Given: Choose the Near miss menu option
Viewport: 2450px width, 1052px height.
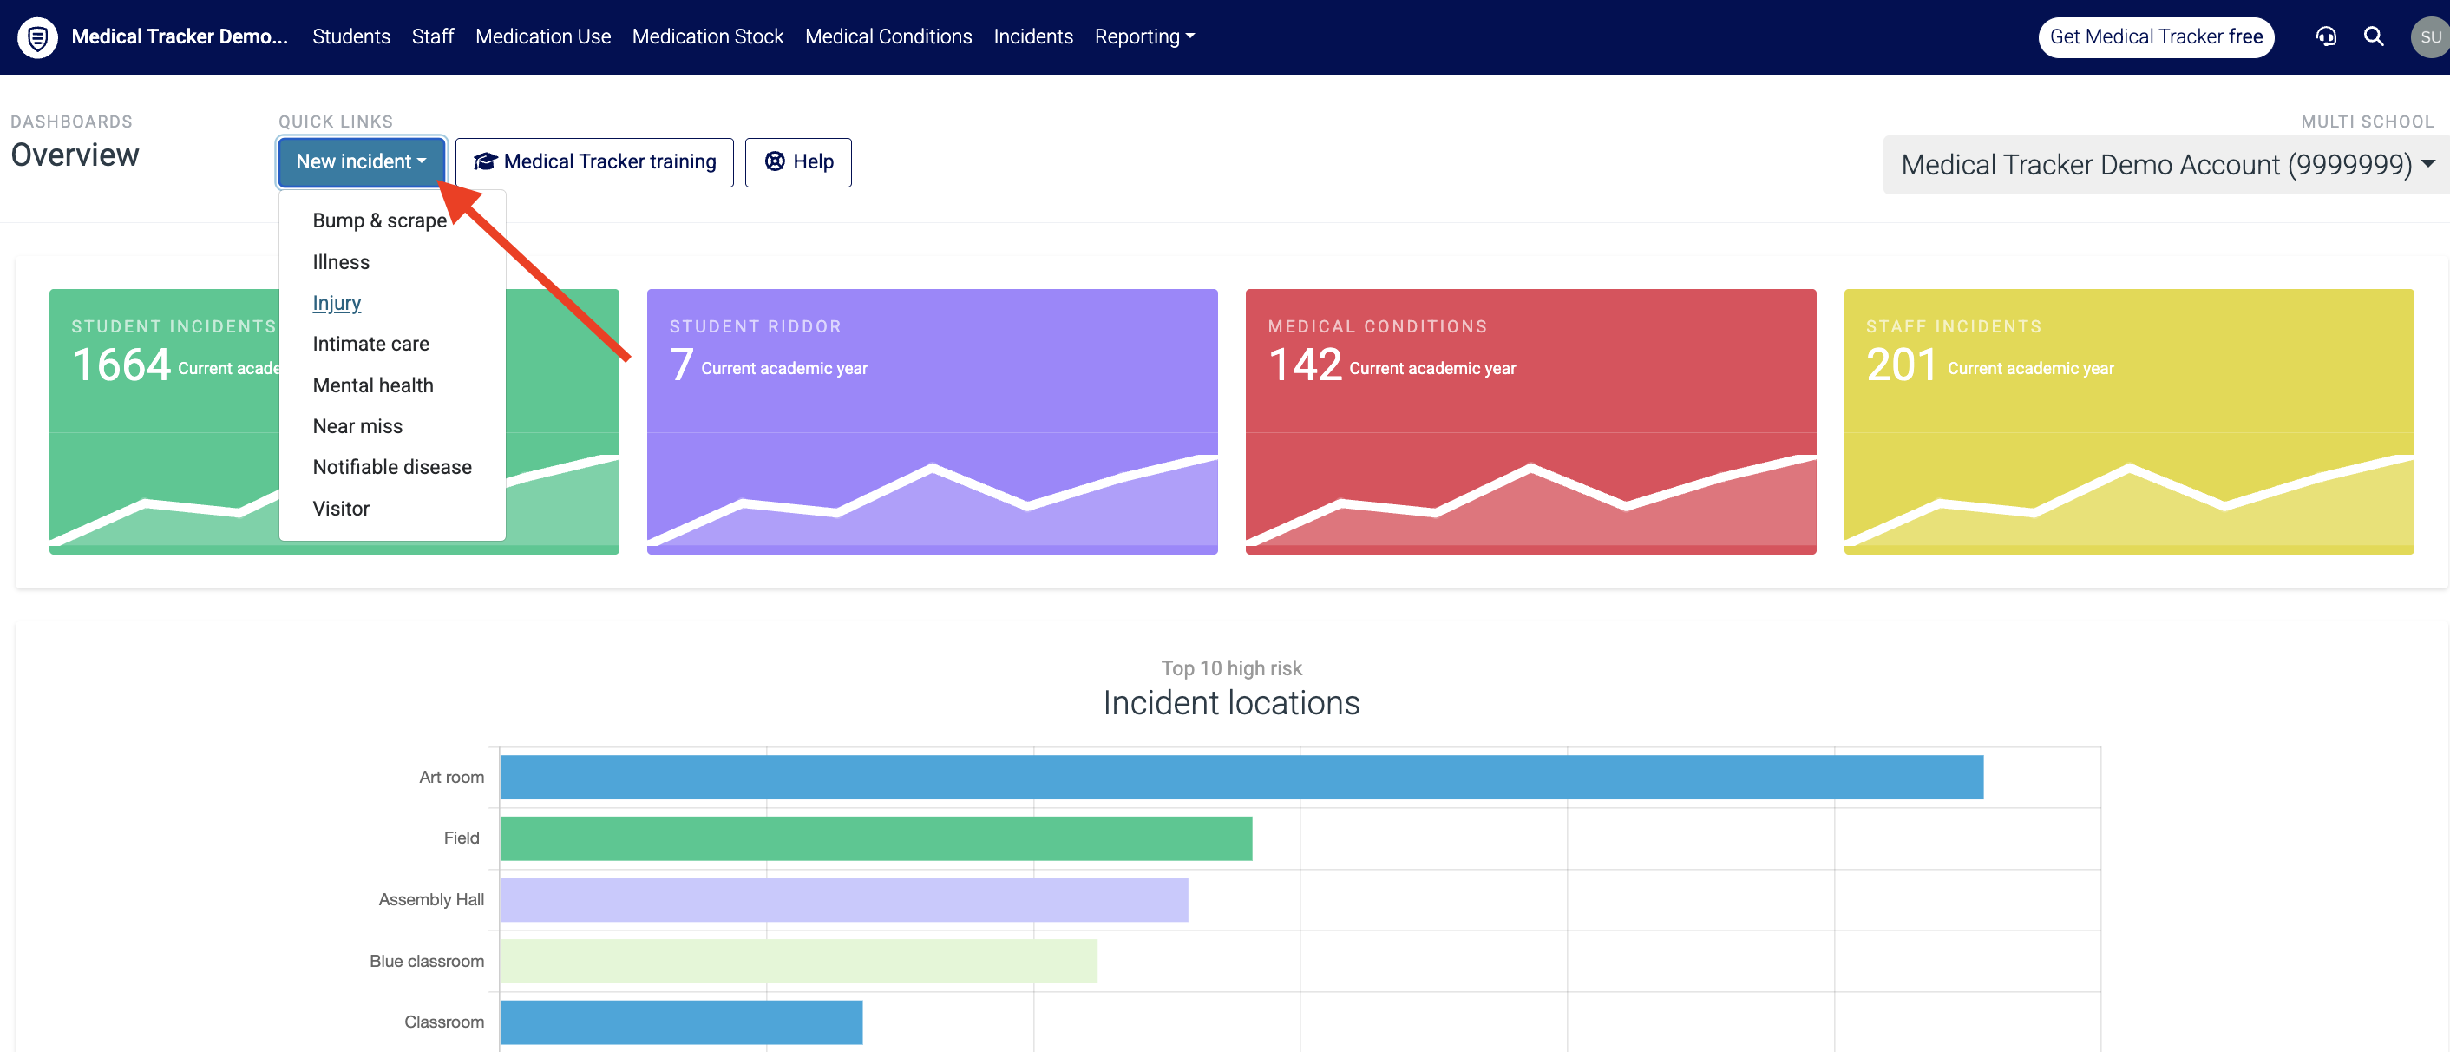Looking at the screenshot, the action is tap(357, 426).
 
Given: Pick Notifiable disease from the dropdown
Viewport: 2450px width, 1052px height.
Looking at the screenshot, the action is tap(392, 467).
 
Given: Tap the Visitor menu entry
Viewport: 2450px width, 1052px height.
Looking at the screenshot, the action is tap(340, 509).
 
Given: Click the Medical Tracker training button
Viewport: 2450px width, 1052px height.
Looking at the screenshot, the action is tap(594, 161).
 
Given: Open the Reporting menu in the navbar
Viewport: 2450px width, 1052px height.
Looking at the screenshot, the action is tap(1144, 36).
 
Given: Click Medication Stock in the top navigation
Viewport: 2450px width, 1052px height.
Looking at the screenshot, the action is tap(708, 36).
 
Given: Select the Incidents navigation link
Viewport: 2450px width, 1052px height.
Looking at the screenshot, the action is tap(1033, 36).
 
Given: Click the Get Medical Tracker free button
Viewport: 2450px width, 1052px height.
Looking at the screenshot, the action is tap(2156, 37).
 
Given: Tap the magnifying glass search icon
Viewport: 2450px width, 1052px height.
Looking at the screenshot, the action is tap(2374, 36).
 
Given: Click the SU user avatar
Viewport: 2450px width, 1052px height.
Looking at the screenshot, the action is tap(2431, 37).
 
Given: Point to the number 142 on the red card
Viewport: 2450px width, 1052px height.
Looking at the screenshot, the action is tap(1304, 365).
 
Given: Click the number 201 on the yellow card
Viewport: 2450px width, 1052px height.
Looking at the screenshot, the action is tap(1901, 365).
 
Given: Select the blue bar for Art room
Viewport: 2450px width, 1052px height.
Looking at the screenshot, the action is tap(1241, 777).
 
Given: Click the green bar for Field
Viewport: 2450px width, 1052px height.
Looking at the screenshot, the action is tap(876, 838).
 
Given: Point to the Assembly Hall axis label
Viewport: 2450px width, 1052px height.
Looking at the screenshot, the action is tap(431, 900).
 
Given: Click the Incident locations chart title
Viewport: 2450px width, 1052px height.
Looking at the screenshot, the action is tap(1232, 703).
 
